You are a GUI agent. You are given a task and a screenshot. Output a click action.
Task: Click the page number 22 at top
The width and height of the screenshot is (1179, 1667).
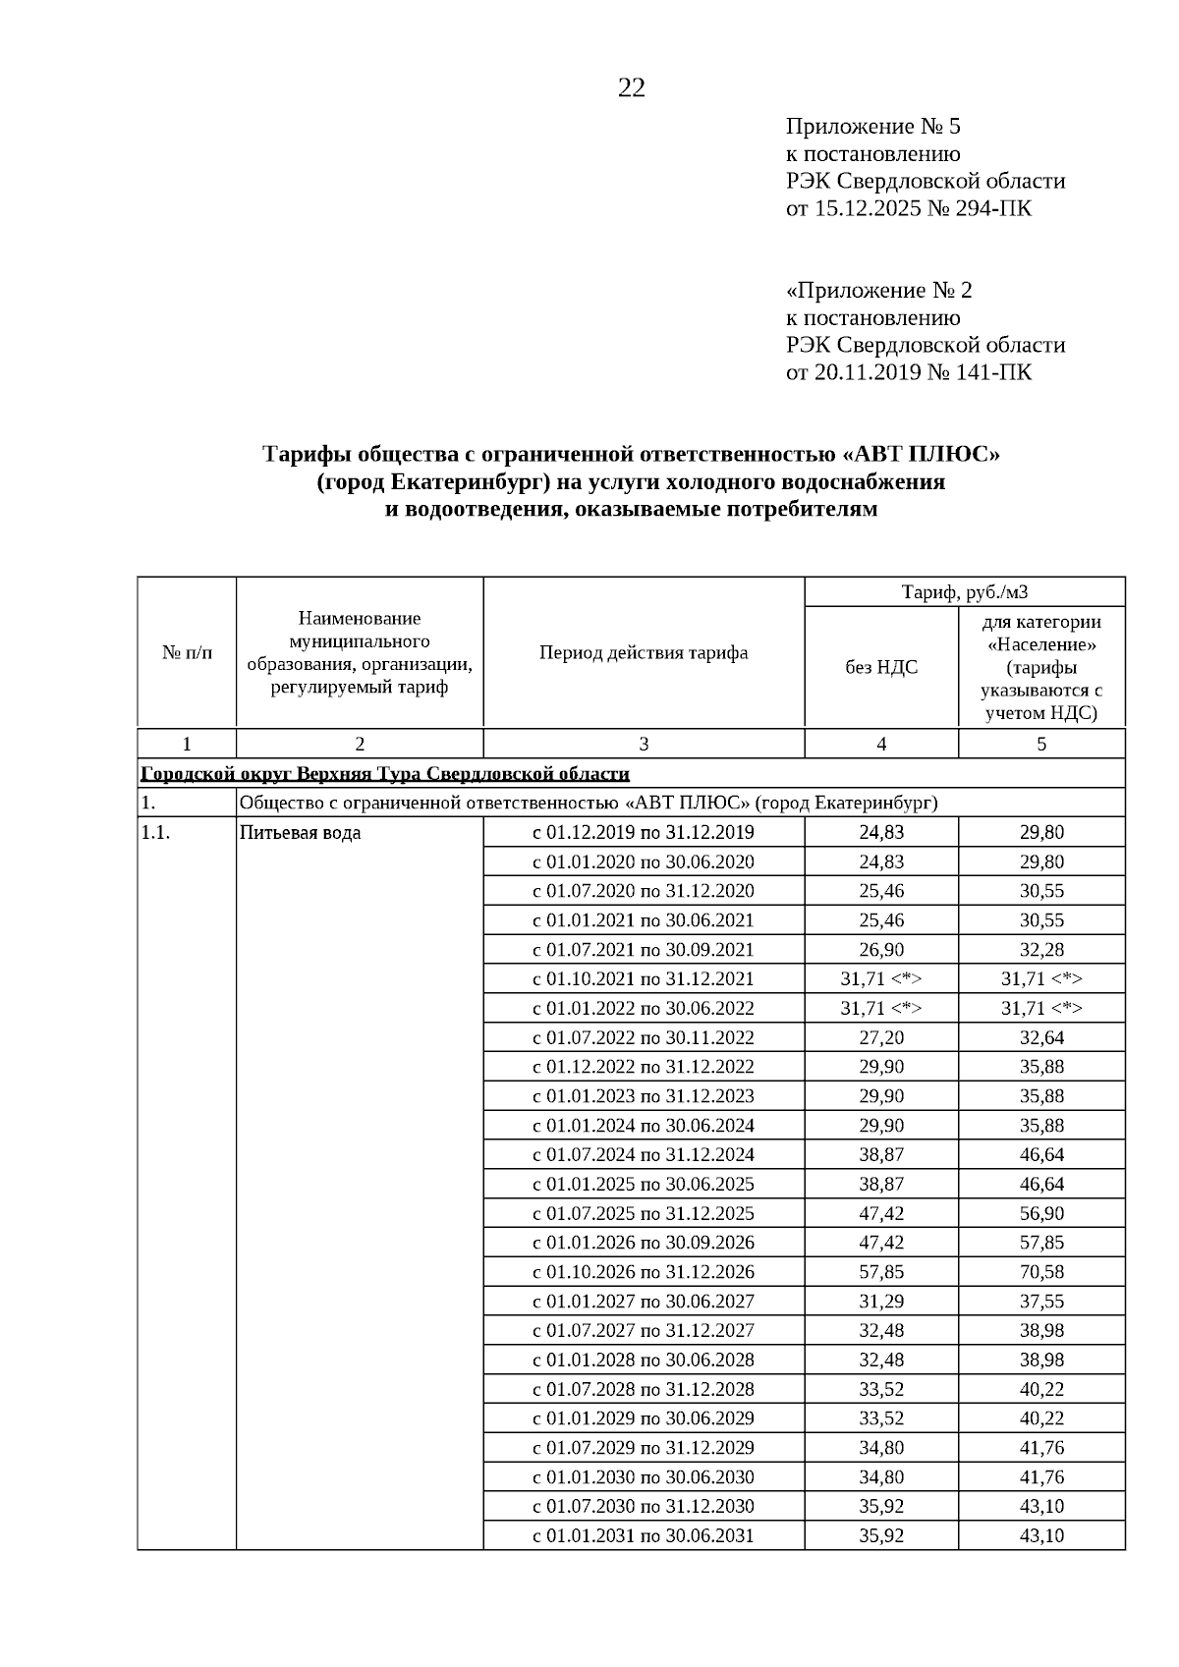click(x=631, y=88)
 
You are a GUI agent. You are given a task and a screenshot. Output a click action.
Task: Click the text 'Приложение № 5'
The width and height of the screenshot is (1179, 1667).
click(x=872, y=127)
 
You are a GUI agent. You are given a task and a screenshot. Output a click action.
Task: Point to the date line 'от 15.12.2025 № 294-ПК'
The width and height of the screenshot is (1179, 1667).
click(x=909, y=209)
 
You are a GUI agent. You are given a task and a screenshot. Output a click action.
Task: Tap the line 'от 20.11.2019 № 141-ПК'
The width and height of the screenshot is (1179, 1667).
click(x=909, y=373)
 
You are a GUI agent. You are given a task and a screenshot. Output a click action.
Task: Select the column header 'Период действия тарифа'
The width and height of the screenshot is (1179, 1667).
click(x=644, y=653)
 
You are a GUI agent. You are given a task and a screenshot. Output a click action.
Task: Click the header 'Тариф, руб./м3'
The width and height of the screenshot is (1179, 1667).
click(x=964, y=592)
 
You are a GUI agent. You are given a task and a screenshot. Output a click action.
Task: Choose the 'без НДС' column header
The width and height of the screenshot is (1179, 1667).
click(x=881, y=668)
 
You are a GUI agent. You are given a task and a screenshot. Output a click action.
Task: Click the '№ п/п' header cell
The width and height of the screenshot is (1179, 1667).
click(x=187, y=653)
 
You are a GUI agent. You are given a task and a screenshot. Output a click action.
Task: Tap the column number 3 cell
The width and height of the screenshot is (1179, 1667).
click(x=644, y=745)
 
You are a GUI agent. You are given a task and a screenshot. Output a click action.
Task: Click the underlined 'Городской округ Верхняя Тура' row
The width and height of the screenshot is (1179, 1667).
click(x=385, y=774)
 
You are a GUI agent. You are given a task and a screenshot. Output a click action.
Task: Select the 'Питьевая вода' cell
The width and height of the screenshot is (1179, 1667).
click(x=300, y=833)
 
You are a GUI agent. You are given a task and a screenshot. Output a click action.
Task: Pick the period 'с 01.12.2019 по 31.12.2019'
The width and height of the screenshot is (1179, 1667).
click(x=644, y=833)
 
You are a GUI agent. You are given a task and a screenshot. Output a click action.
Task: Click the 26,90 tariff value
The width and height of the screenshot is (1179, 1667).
click(x=881, y=950)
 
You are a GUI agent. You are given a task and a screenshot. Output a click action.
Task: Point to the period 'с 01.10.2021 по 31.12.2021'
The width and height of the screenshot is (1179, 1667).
click(x=644, y=979)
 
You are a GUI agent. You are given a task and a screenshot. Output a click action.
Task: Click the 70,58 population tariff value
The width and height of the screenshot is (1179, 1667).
click(x=1041, y=1272)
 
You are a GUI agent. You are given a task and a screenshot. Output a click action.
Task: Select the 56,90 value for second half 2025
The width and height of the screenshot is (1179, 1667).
click(x=1041, y=1213)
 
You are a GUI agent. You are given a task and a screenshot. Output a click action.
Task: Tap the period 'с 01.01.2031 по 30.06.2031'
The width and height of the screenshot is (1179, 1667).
click(x=644, y=1535)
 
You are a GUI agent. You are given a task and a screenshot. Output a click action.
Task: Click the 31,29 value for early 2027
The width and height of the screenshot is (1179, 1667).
click(x=881, y=1302)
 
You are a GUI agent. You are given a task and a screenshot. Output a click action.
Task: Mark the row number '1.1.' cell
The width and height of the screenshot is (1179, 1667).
click(x=157, y=833)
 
